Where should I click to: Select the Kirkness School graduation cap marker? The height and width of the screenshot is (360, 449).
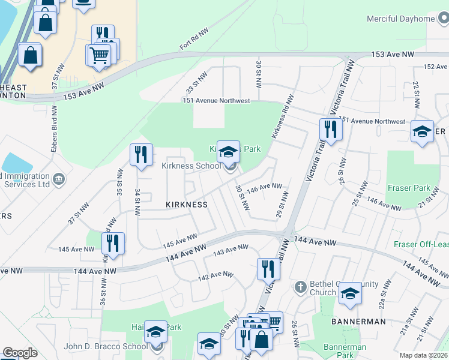(228, 151)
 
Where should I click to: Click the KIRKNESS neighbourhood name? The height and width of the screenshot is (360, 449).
(187, 205)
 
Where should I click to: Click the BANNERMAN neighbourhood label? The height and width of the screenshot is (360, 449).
(358, 322)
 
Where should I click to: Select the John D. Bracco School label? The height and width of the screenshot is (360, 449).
(105, 346)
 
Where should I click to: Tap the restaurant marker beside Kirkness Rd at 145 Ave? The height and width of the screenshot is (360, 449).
(113, 243)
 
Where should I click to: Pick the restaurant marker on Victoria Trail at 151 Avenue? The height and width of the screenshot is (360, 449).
(330, 128)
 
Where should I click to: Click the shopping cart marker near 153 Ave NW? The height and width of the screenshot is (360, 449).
(100, 55)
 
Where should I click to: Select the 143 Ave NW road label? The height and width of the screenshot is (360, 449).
(231, 249)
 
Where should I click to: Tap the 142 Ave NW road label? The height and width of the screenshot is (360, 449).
(215, 276)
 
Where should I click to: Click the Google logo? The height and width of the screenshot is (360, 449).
(20, 353)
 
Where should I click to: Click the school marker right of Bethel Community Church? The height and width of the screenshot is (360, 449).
(350, 293)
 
